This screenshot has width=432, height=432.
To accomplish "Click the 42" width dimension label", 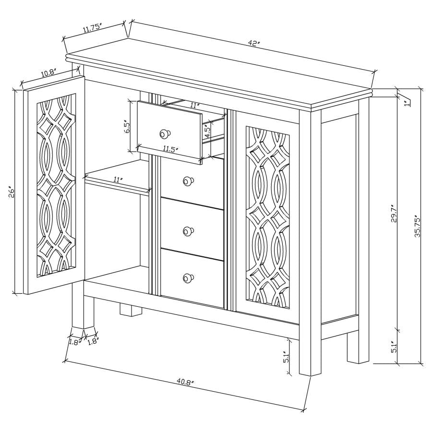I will click(x=254, y=43).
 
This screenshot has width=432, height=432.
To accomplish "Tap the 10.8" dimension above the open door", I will click(x=48, y=73).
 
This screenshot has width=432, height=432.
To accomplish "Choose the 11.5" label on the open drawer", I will click(x=168, y=149).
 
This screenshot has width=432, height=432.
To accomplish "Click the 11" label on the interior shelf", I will click(x=117, y=180).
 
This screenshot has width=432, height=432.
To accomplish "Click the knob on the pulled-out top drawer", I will click(x=166, y=133).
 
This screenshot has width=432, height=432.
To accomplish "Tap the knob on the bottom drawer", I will click(x=188, y=277).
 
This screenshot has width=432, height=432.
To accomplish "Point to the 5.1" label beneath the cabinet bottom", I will click(x=286, y=357).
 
